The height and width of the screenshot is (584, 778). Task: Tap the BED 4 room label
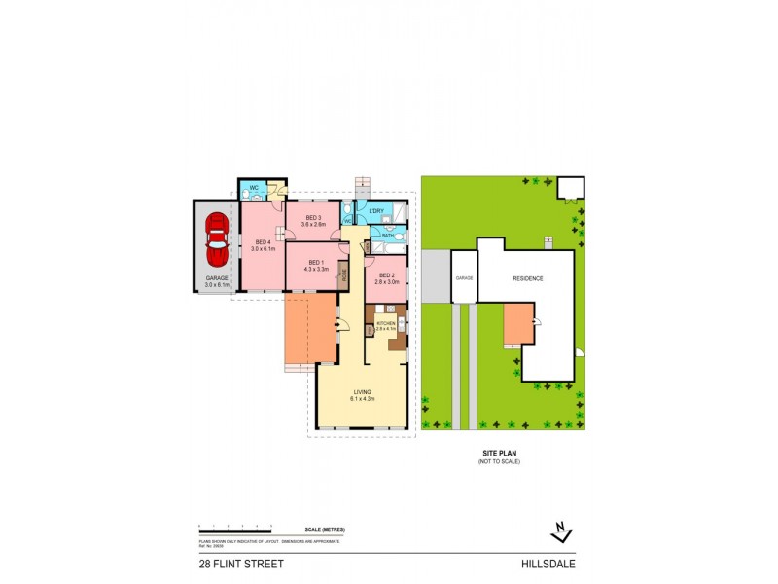point(261,245)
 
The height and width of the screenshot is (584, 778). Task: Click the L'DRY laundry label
point(379,211)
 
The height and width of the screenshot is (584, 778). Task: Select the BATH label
point(387,235)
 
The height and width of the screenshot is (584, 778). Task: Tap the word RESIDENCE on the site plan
point(528,279)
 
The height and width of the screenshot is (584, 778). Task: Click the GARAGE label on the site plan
point(464,279)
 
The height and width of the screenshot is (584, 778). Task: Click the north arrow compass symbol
point(559,531)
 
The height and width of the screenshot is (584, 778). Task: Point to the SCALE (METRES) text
point(325,529)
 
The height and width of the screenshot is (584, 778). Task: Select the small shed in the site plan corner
point(569,188)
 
